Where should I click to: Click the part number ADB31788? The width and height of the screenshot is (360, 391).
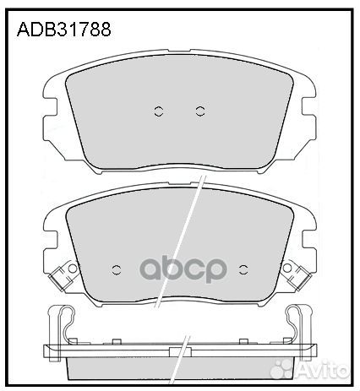coord(64,31)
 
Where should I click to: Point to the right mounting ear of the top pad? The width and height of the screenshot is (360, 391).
coord(305,106)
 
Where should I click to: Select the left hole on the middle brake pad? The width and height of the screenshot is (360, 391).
coord(117,269)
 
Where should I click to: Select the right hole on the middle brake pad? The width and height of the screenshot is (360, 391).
coord(243,269)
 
